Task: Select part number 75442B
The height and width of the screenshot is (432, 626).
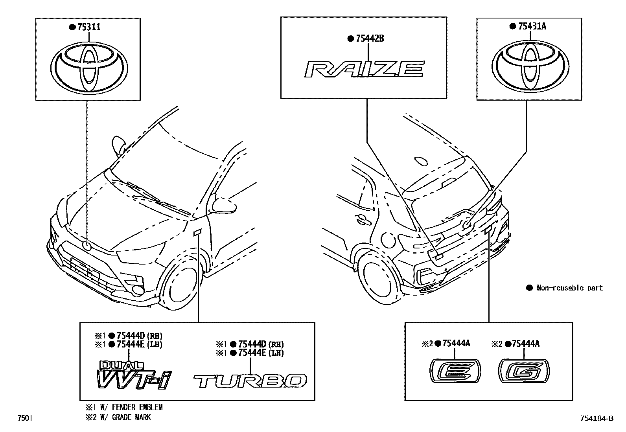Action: point(370,39)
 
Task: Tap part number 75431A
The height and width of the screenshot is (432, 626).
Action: point(532,26)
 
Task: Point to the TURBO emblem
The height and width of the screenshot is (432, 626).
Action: point(250,381)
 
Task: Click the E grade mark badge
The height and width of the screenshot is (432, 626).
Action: point(455,370)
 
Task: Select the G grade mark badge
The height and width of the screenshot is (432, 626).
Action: point(524,370)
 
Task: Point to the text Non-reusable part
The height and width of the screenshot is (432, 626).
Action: point(569,288)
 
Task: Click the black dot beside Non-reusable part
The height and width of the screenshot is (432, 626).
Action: point(529,288)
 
